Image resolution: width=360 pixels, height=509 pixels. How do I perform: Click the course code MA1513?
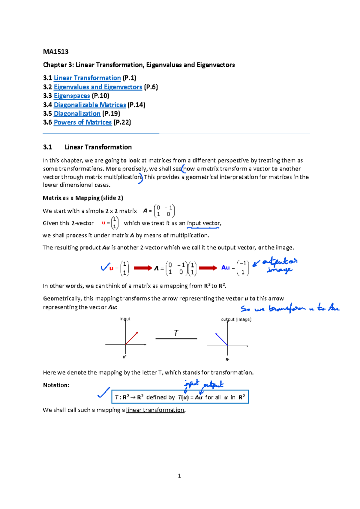(x=56, y=52)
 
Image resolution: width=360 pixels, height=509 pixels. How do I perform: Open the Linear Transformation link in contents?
(x=87, y=78)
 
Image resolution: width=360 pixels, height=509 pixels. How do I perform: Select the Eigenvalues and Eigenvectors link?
(x=98, y=87)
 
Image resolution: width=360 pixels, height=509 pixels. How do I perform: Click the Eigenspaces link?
(x=72, y=96)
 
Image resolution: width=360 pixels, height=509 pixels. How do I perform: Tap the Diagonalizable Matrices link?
(x=90, y=105)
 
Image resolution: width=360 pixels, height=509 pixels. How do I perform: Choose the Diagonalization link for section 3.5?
(x=77, y=113)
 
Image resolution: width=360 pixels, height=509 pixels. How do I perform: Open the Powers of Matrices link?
(x=82, y=122)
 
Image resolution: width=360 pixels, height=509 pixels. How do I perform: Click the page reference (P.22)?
(x=122, y=122)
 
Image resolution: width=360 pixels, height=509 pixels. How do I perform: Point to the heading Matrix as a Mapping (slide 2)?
(x=83, y=198)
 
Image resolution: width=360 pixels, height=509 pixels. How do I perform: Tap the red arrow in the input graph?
(x=132, y=338)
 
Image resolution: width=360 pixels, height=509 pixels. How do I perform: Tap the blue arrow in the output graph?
(x=221, y=339)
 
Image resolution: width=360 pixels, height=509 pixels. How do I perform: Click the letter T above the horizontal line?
(x=176, y=333)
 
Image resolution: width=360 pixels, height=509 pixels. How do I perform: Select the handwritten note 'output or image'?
(x=279, y=265)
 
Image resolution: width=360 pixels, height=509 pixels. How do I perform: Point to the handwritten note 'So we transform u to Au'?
(x=290, y=308)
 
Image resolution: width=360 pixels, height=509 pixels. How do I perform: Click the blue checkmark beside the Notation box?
(x=103, y=393)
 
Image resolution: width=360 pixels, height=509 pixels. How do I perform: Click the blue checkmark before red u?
(x=105, y=267)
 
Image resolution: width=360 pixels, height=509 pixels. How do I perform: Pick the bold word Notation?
(x=56, y=385)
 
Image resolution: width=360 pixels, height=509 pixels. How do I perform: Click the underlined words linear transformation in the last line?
(x=155, y=410)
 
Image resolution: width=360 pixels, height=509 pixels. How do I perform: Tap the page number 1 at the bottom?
(x=179, y=476)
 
